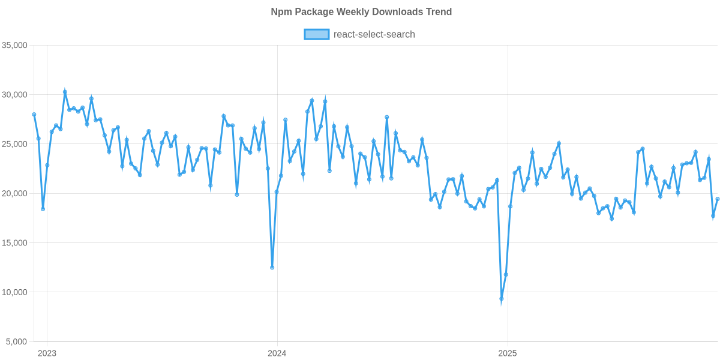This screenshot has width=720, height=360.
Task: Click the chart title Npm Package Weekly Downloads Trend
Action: (x=361, y=12)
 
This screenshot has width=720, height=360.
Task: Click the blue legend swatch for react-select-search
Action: (x=316, y=34)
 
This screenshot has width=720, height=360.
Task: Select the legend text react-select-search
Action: (x=374, y=34)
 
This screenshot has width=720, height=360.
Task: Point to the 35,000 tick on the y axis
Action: (x=17, y=46)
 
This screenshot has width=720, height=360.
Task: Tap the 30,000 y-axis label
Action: (x=17, y=95)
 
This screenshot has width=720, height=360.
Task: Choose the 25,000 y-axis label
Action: (x=17, y=144)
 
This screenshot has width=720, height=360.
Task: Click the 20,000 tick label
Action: (x=17, y=194)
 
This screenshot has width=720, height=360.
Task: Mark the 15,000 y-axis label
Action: (x=17, y=243)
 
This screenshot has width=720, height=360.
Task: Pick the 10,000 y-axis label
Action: (x=17, y=292)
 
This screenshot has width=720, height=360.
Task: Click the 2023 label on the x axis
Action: (x=47, y=353)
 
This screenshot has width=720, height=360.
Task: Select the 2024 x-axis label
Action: (x=277, y=353)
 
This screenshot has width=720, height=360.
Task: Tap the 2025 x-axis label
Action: (x=508, y=353)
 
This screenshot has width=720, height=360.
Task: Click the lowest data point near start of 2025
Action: (x=502, y=299)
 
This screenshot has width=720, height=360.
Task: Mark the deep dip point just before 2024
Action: (x=272, y=268)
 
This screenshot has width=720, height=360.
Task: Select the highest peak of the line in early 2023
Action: (x=65, y=91)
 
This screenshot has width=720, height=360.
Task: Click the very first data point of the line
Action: (x=34, y=114)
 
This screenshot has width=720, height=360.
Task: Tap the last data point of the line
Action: (x=718, y=199)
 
